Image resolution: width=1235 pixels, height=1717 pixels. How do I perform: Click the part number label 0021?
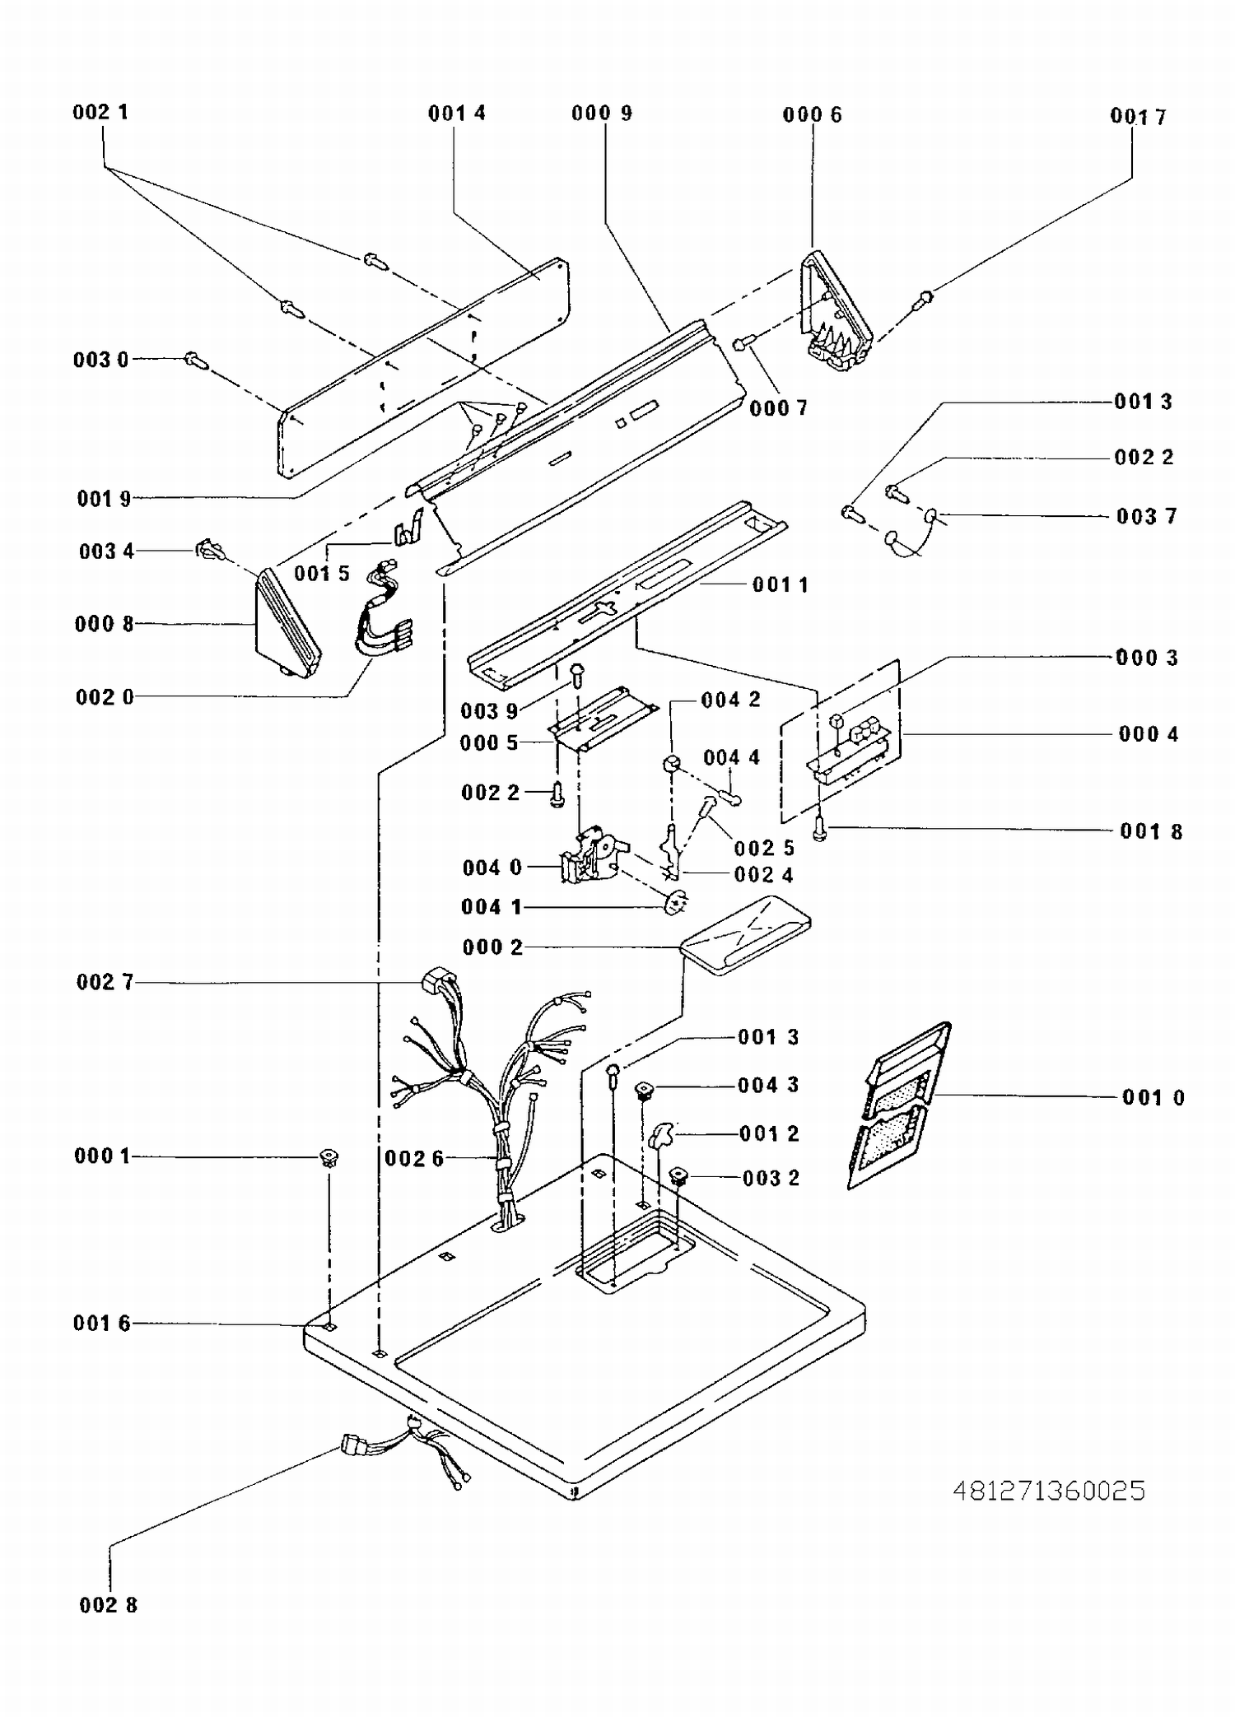click(100, 112)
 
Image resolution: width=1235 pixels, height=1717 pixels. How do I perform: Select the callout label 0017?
click(1139, 117)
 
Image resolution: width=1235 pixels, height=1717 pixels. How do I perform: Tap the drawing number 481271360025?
click(1049, 1491)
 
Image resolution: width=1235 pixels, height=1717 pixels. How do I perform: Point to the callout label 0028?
click(109, 1604)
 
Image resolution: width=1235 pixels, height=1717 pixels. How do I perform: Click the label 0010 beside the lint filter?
click(1153, 1097)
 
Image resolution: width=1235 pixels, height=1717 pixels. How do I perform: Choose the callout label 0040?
click(492, 868)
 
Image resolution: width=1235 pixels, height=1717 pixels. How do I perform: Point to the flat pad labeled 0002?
click(746, 936)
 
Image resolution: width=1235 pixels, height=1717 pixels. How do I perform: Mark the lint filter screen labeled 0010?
click(899, 1105)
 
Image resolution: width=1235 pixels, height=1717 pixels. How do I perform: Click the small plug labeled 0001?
click(330, 1158)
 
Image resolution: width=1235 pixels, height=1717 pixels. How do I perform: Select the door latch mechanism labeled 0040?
click(592, 856)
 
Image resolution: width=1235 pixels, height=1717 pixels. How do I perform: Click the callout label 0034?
click(106, 551)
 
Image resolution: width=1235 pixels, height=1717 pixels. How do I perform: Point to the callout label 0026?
click(414, 1159)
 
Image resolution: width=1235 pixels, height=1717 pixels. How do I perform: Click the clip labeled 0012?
click(661, 1137)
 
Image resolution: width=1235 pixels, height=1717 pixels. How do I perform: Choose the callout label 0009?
click(602, 113)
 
